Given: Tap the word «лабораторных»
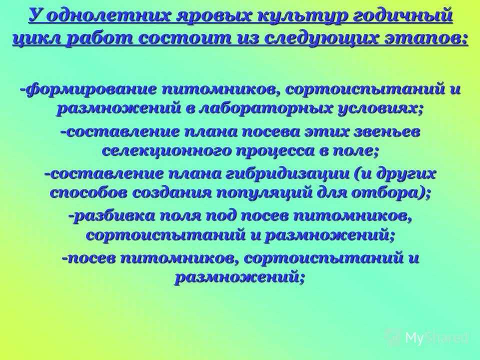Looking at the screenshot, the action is (x=265, y=109).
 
